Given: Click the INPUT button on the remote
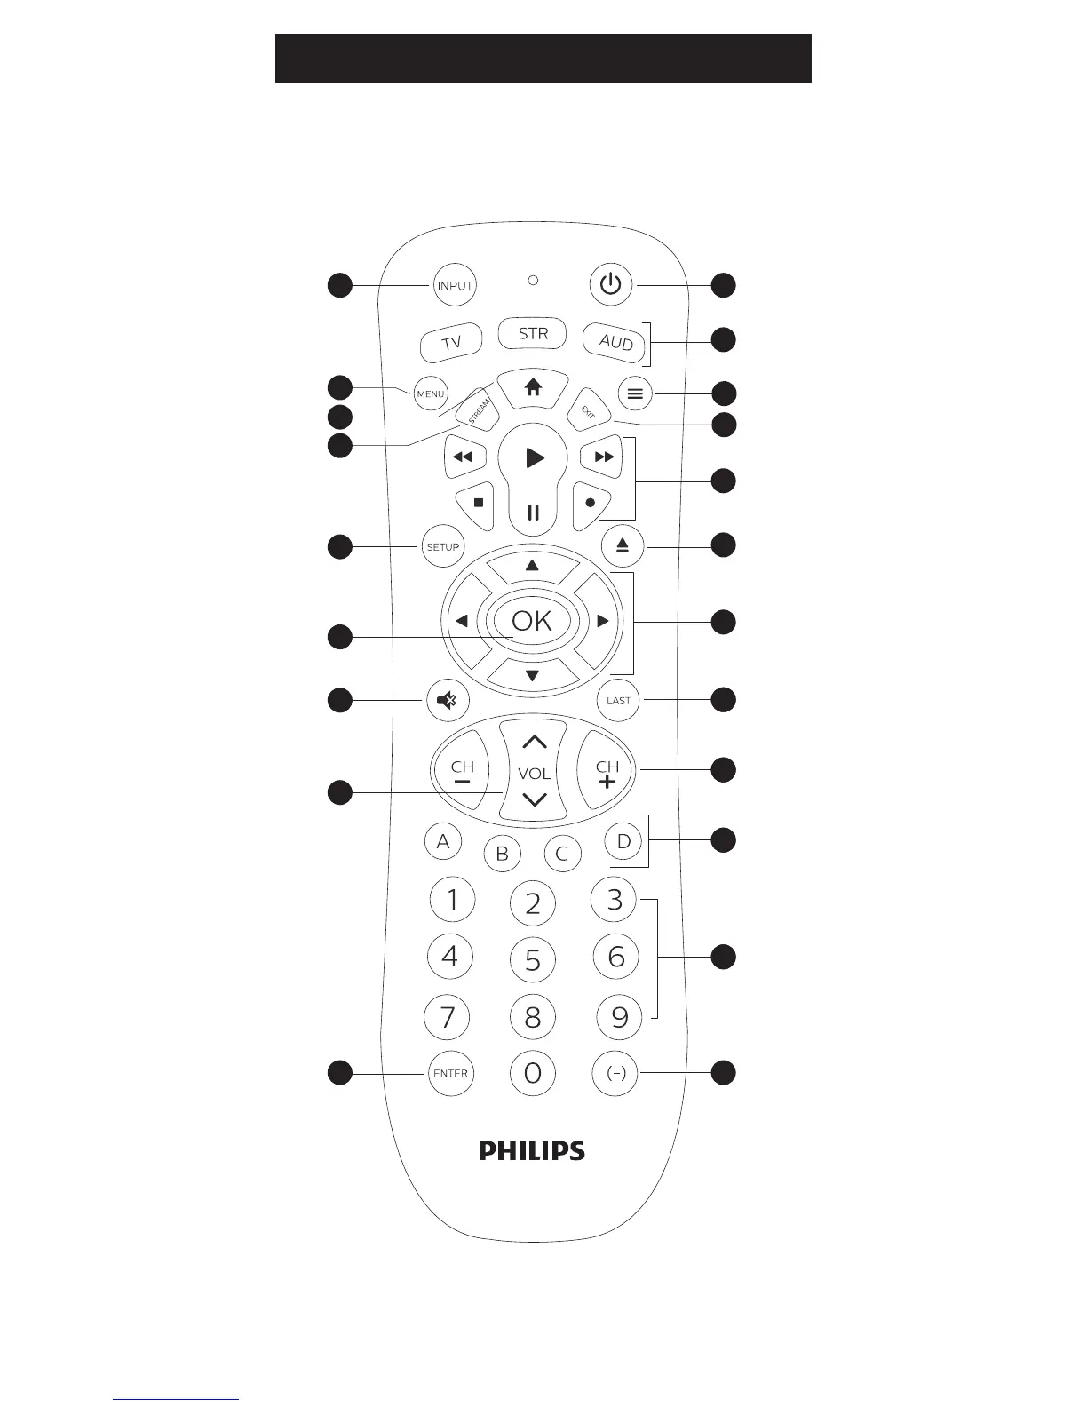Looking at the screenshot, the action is (454, 286).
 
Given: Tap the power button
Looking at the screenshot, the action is (611, 285).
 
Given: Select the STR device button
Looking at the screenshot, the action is (533, 334).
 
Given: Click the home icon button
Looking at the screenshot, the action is (532, 388).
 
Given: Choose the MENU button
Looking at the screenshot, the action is (431, 394).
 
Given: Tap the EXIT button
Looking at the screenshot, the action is (588, 411).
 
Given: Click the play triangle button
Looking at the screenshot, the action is (534, 458).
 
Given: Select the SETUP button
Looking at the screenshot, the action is (442, 547).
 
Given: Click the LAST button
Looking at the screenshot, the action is (618, 701).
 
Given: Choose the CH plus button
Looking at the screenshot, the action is (607, 771).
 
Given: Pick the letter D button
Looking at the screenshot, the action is (623, 841).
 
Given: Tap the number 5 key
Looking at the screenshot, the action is (533, 960).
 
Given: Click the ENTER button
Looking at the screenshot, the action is (450, 1074).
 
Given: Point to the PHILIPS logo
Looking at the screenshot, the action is (532, 1151).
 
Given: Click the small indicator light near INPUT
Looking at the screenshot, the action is (533, 281).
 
